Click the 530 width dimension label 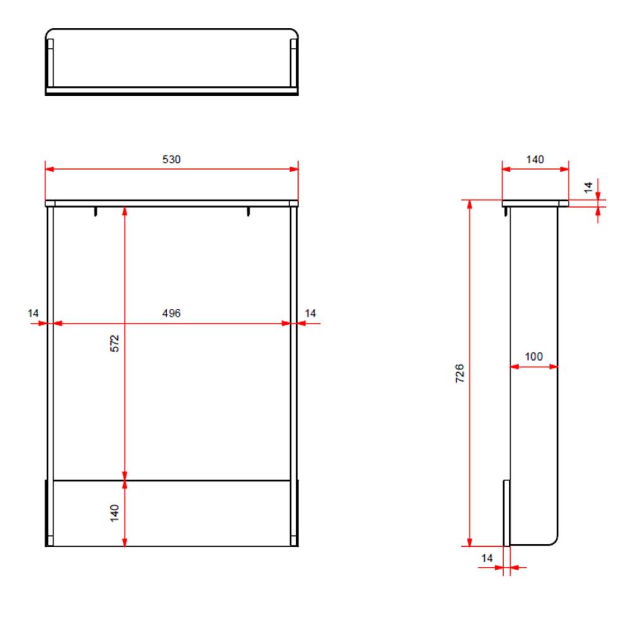(172, 159)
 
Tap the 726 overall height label (460, 373)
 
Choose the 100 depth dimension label (534, 357)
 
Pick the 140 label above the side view (535, 159)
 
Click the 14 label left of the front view (34, 313)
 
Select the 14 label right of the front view (310, 313)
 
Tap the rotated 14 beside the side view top (588, 187)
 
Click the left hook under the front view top (96, 211)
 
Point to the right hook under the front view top (249, 211)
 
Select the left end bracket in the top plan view (51, 63)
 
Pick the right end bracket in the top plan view (293, 63)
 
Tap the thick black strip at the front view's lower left (46, 513)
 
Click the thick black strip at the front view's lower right (296, 513)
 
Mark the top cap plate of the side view (535, 203)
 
